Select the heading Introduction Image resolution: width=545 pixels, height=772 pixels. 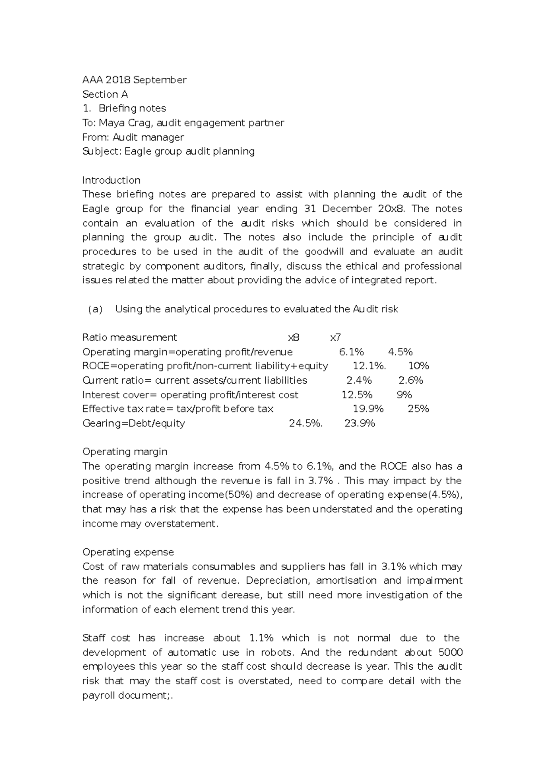(x=111, y=180)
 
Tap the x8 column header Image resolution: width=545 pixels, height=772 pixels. (x=294, y=337)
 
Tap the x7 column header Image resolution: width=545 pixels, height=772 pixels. (x=335, y=337)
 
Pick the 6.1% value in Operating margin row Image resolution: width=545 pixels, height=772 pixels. (x=352, y=352)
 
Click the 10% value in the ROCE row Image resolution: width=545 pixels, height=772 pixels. (x=418, y=366)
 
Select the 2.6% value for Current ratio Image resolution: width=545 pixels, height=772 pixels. (x=411, y=381)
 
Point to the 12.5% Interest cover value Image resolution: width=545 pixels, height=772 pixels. (x=357, y=395)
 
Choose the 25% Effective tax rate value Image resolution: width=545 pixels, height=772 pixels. (x=418, y=409)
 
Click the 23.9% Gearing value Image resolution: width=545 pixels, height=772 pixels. (x=360, y=423)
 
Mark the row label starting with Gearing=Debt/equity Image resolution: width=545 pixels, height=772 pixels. (x=134, y=423)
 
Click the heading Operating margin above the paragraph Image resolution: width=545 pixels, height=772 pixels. (x=125, y=452)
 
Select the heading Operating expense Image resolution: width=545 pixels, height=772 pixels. (x=128, y=552)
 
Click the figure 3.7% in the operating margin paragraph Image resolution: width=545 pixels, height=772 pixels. (x=321, y=481)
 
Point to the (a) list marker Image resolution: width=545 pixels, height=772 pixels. (x=95, y=309)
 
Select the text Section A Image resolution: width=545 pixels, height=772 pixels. (x=105, y=94)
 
